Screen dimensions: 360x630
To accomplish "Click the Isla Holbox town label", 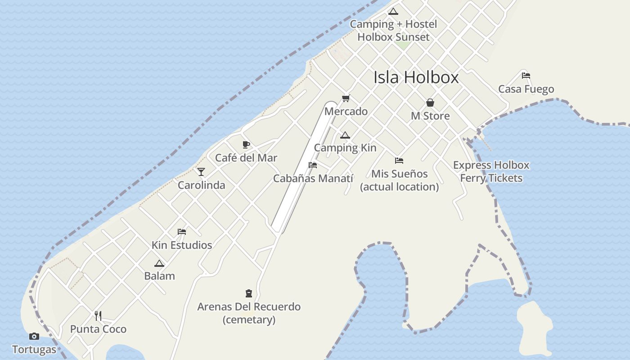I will coord(416,77).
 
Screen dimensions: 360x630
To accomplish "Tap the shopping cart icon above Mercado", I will coord(346,98).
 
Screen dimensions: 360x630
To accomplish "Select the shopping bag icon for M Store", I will coord(430,103).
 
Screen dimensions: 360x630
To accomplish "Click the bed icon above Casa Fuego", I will coord(526,76).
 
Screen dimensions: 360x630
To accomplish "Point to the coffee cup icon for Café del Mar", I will coord(246,144).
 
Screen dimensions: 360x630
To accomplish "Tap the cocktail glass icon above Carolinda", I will coord(201,172).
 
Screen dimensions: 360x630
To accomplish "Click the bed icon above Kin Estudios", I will coord(182,232).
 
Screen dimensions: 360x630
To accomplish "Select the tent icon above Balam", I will coord(159,263).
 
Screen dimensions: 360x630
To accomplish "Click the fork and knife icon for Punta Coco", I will coord(98,315).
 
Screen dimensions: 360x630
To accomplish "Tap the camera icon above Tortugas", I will coord(34,336).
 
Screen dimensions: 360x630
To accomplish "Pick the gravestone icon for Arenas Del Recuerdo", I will coord(248,293).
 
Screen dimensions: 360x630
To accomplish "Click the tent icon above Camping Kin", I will coord(345,135).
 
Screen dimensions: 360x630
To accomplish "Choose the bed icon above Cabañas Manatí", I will coord(313,165).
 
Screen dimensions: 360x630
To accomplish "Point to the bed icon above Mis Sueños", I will coord(399,160).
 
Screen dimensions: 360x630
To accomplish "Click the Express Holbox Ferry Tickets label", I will coord(491,171).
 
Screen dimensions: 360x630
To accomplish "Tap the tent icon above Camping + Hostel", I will coord(393,11).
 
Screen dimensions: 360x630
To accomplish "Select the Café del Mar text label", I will coord(246,158).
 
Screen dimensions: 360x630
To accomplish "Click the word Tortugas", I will coord(34,350).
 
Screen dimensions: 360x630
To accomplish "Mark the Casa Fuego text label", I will coord(526,89).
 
